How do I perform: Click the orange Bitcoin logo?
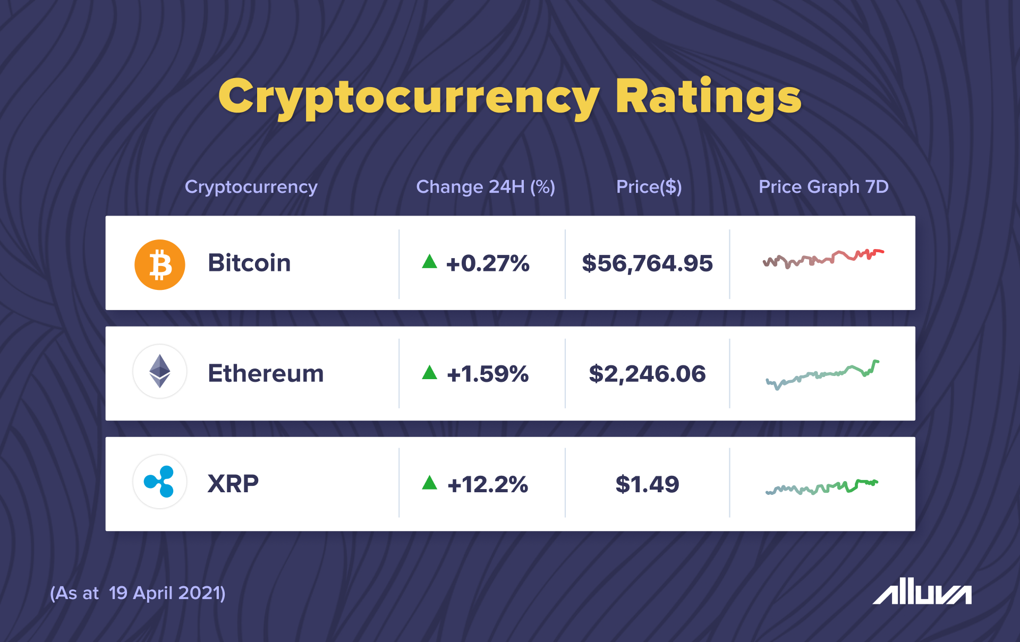pos(159,264)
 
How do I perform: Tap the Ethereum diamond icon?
pos(159,371)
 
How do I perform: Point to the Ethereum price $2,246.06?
pos(647,374)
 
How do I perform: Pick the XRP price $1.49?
pos(647,484)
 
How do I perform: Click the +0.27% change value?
pos(488,263)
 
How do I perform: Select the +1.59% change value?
pos(488,374)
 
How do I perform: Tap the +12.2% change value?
pos(488,484)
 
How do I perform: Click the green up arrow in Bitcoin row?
pos(429,262)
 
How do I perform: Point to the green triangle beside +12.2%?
pos(429,483)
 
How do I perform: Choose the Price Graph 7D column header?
pos(823,187)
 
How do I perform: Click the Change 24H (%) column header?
pos(486,187)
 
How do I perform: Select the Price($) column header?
pos(649,187)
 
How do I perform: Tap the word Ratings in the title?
pos(708,98)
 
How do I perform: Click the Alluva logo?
pos(922,591)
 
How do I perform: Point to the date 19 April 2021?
pos(167,593)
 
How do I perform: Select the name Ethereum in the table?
pos(266,373)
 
